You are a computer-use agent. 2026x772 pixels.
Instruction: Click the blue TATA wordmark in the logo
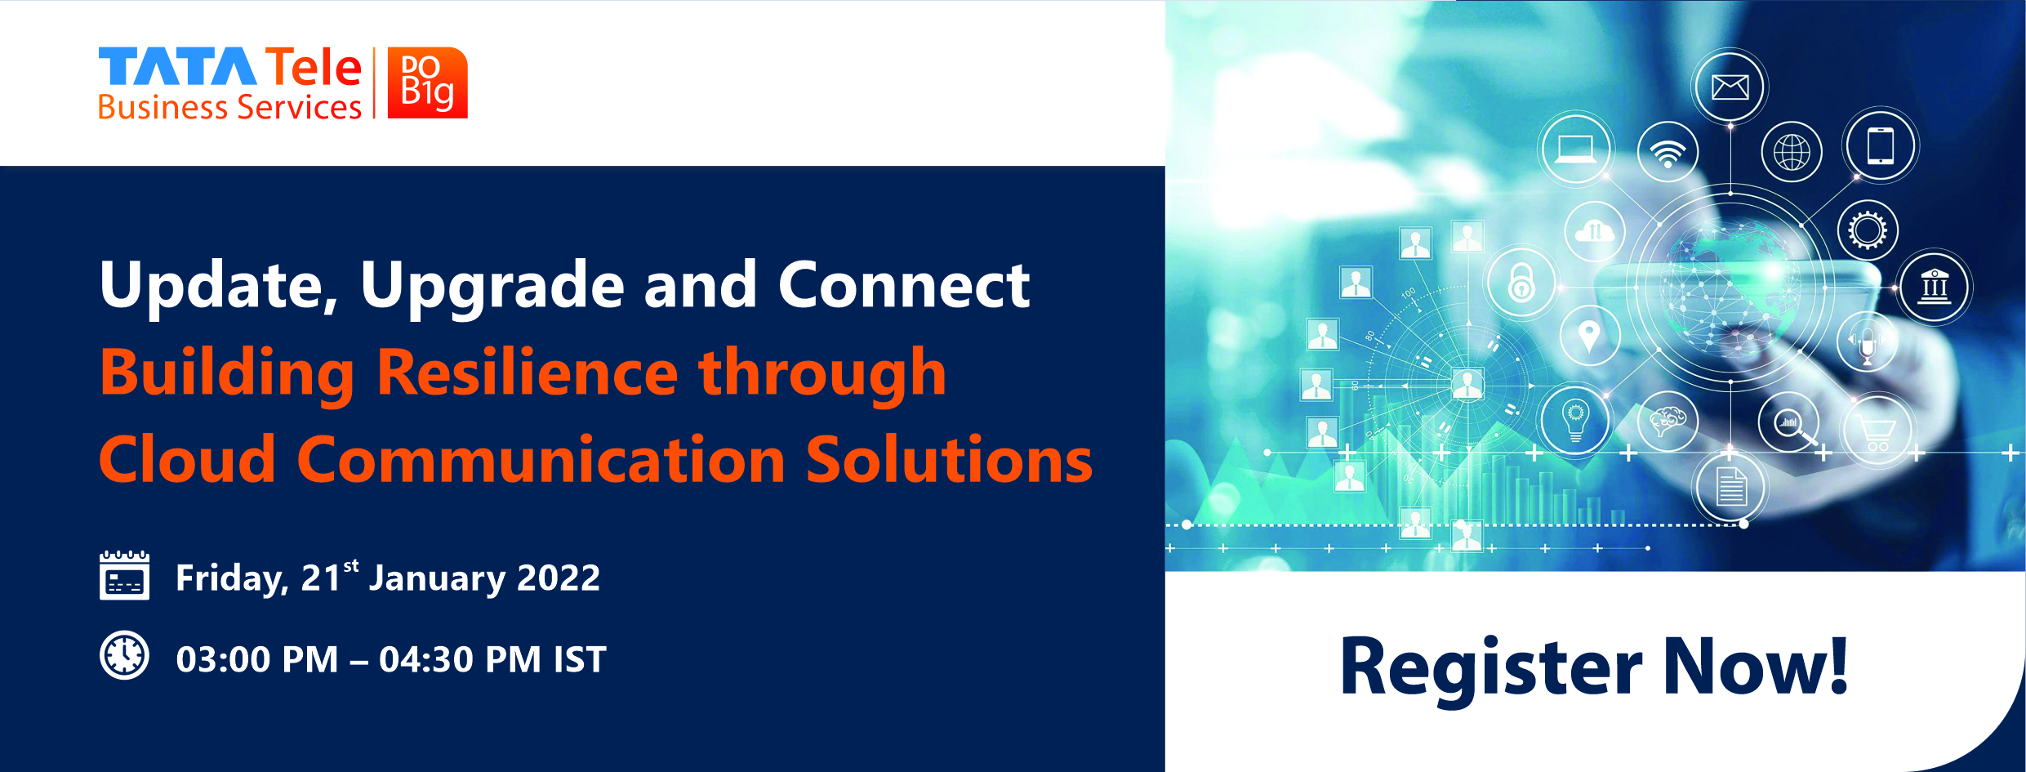(x=178, y=66)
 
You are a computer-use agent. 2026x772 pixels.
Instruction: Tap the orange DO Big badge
(x=427, y=83)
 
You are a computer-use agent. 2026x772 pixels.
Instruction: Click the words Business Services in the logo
(x=229, y=107)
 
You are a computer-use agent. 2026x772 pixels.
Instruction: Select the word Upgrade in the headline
(x=492, y=287)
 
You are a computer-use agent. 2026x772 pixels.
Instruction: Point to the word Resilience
(x=528, y=372)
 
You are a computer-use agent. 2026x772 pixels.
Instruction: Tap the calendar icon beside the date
(x=124, y=575)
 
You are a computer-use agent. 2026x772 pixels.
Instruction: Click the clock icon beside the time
(x=124, y=655)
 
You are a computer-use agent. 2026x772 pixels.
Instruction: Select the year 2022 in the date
(x=559, y=578)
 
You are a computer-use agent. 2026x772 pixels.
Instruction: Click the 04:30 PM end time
(x=460, y=659)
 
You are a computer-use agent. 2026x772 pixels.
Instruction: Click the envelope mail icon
(x=1730, y=87)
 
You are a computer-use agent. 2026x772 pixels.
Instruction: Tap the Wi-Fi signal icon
(x=1668, y=153)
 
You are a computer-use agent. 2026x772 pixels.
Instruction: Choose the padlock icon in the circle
(x=1521, y=283)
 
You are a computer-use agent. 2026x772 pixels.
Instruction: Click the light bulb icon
(x=1575, y=420)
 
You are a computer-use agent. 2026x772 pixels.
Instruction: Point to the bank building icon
(x=1935, y=287)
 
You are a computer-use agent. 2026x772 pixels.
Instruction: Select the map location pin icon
(x=1589, y=336)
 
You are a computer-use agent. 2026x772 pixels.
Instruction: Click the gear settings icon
(x=1868, y=230)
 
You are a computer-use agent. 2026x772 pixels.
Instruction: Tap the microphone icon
(x=1867, y=342)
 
